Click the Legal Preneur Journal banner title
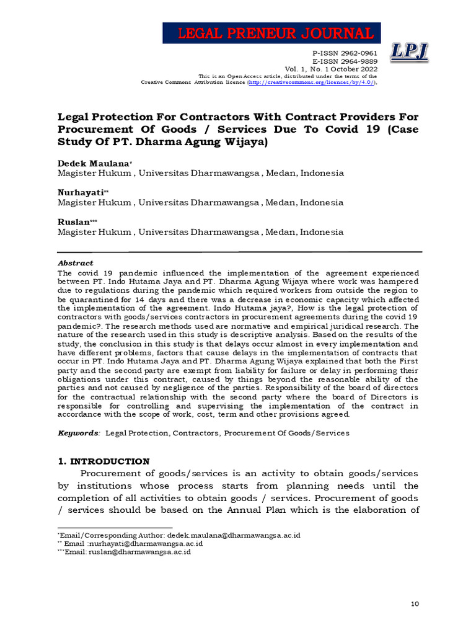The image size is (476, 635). [x=272, y=33]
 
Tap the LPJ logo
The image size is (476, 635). [x=410, y=52]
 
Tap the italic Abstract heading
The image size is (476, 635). [x=75, y=263]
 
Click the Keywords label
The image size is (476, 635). [x=78, y=433]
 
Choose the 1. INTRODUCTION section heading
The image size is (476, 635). [x=104, y=461]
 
